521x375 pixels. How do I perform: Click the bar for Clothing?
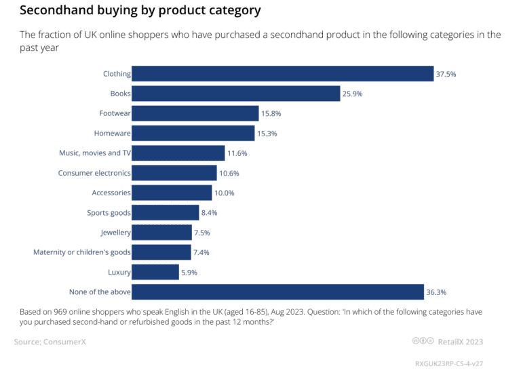[282, 74]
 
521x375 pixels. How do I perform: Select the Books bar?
[235, 94]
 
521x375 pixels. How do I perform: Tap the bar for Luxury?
[155, 273]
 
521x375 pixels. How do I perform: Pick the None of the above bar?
[278, 292]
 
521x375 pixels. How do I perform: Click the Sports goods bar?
[166, 213]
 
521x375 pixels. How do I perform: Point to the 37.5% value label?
[446, 74]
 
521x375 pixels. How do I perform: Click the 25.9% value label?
[353, 94]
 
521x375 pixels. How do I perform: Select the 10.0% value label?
[225, 193]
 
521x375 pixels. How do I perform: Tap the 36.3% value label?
[437, 292]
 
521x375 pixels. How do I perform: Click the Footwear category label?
[115, 113]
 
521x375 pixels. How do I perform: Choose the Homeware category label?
[112, 134]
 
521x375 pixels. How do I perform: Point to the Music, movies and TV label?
[95, 153]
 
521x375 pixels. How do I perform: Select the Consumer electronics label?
[94, 173]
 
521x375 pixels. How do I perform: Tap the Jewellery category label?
[115, 233]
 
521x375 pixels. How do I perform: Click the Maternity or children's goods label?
[82, 252]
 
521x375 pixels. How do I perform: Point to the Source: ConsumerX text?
[50, 342]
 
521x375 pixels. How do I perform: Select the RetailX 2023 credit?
[461, 342]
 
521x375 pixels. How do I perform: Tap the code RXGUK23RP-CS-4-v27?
[454, 363]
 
